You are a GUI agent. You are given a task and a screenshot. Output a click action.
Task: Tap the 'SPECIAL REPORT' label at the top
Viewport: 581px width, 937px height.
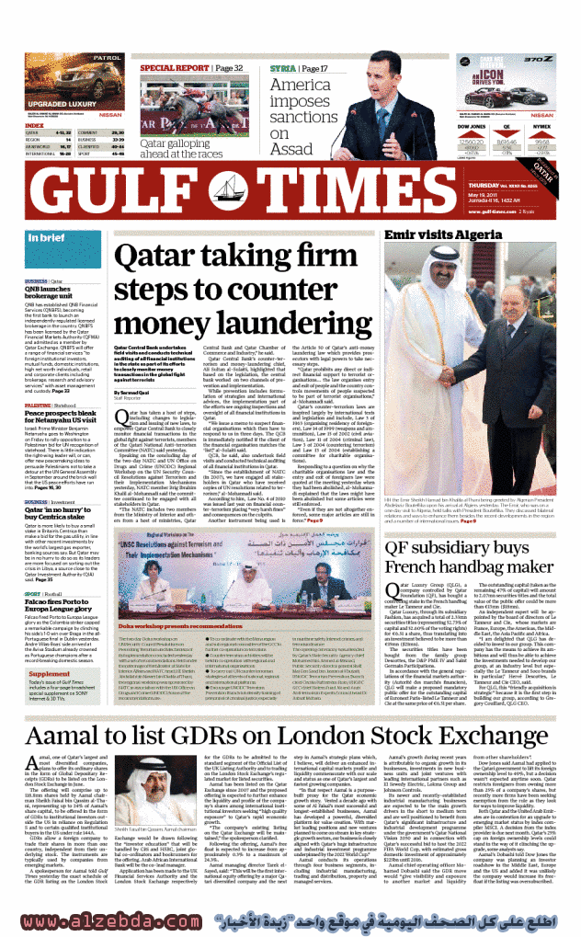pyautogui.click(x=179, y=68)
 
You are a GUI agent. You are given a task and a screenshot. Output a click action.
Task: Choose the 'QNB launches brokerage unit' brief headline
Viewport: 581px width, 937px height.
pyautogui.click(x=53, y=291)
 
